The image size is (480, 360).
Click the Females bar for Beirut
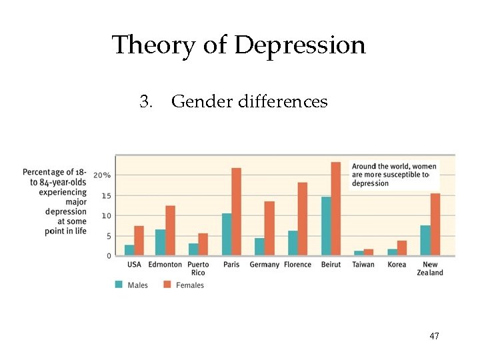pyautogui.click(x=335, y=209)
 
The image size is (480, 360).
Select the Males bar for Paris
pyautogui.click(x=226, y=234)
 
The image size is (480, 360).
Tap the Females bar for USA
pyautogui.click(x=139, y=241)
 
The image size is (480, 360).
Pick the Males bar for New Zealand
pyautogui.click(x=425, y=240)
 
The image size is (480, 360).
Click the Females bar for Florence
pyautogui.click(x=303, y=219)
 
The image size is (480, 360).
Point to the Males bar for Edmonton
pyautogui.click(x=160, y=242)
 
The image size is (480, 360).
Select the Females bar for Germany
pyautogui.click(x=269, y=228)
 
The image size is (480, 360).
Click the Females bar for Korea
pyautogui.click(x=402, y=248)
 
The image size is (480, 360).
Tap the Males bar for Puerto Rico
pyautogui.click(x=193, y=249)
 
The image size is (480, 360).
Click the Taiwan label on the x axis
pyautogui.click(x=363, y=265)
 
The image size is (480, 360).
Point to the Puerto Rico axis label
pyautogui.click(x=198, y=268)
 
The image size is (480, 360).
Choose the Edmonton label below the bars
pyautogui.click(x=165, y=265)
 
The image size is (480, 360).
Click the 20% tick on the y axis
pyautogui.click(x=102, y=175)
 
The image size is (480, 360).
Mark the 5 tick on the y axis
pyautogui.click(x=108, y=236)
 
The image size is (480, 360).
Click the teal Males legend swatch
pyautogui.click(x=119, y=285)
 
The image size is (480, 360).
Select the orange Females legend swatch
pyautogui.click(x=167, y=285)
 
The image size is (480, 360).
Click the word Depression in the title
pyautogui.click(x=300, y=45)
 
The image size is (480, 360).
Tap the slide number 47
pyautogui.click(x=434, y=336)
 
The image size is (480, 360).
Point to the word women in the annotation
pyautogui.click(x=425, y=166)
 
